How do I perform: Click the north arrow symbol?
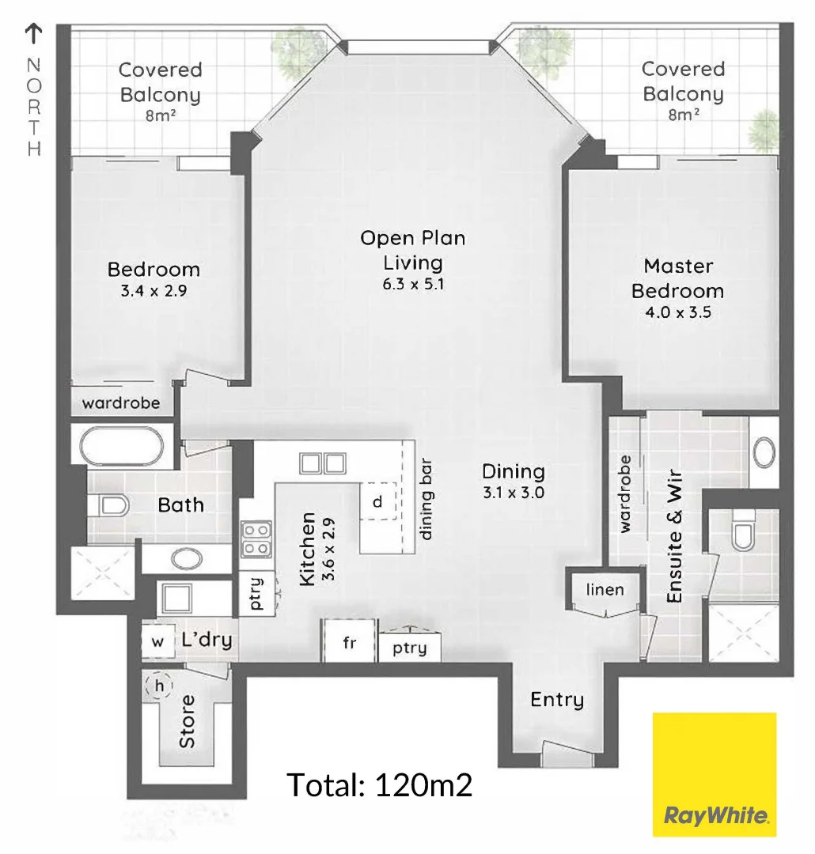tap(34, 33)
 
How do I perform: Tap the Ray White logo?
tap(714, 774)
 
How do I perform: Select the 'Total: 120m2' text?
tap(379, 785)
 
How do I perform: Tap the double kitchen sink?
tap(322, 463)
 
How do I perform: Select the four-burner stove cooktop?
tap(256, 538)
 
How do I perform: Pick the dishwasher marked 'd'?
tap(377, 501)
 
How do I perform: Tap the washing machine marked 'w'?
tap(157, 641)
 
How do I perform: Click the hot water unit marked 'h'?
tap(159, 686)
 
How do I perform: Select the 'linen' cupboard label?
tap(605, 589)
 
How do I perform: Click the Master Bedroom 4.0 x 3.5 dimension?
tap(677, 312)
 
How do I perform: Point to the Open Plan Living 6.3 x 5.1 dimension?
tap(412, 283)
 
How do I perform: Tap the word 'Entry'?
tap(557, 699)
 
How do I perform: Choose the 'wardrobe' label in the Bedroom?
tap(121, 402)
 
